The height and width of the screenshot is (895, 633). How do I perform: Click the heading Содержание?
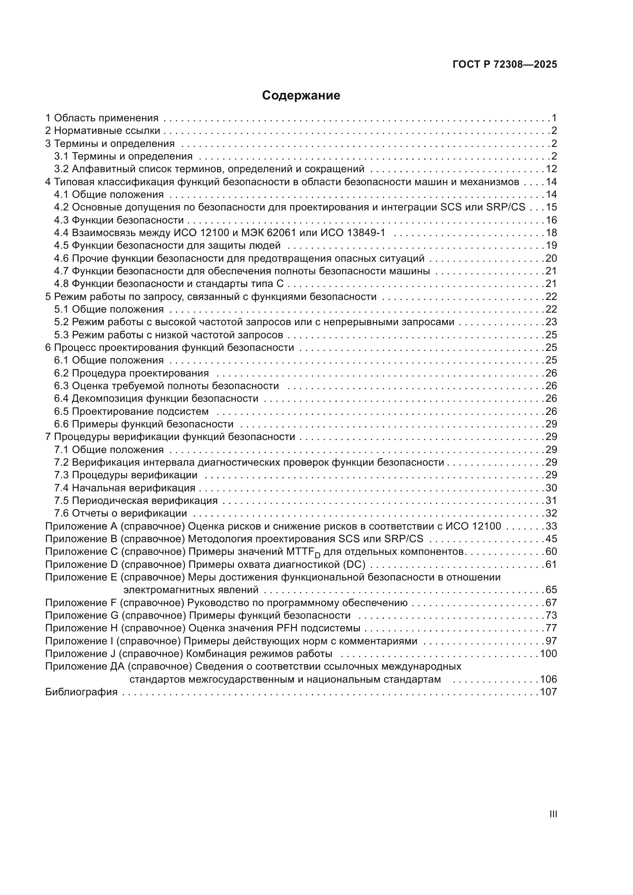pos(301,96)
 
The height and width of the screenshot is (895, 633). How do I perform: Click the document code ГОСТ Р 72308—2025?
pos(505,65)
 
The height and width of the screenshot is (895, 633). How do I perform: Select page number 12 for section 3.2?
pos(551,169)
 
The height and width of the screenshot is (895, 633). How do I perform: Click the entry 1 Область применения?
pos(102,118)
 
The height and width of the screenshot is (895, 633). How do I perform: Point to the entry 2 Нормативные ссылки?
pos(103,130)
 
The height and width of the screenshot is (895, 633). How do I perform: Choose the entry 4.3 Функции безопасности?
pos(119,220)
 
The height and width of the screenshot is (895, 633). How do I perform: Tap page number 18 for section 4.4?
pos(551,233)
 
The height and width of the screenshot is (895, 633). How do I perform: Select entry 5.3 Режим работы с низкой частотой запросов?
pos(168,335)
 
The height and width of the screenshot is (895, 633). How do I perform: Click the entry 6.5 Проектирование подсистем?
pos(131,411)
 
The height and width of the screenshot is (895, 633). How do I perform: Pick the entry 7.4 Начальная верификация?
pos(125,487)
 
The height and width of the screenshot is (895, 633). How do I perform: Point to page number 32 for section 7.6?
pos(551,513)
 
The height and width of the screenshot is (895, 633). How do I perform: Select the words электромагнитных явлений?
pos(191,590)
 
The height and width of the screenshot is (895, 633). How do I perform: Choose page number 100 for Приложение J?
pos(548,654)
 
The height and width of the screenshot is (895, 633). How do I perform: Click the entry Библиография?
pos(82,692)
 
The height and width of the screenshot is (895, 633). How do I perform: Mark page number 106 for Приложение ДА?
pos(548,680)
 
